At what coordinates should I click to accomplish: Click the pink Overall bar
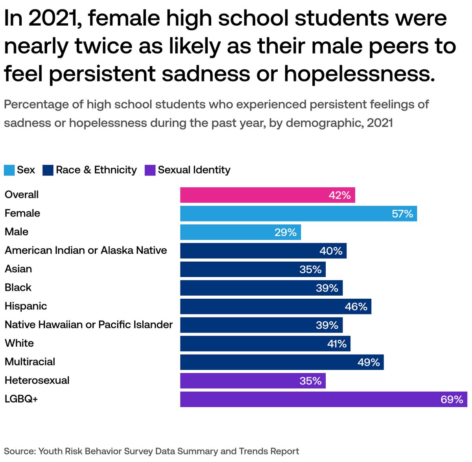click(267, 195)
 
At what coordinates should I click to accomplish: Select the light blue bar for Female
click(298, 214)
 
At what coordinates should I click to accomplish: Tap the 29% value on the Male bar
click(285, 233)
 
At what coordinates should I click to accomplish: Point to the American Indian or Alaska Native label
click(86, 250)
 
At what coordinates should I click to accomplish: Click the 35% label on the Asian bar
click(310, 270)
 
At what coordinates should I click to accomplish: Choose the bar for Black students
click(261, 288)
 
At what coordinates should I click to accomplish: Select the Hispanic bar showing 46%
click(276, 307)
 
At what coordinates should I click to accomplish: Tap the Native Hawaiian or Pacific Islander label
click(89, 324)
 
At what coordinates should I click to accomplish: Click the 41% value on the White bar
click(337, 344)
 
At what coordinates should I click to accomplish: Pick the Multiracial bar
click(282, 362)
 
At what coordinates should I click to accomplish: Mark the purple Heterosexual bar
click(253, 381)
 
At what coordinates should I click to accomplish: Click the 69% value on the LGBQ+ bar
click(452, 400)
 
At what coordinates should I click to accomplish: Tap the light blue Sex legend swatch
click(9, 170)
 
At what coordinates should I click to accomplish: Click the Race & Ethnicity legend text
click(96, 170)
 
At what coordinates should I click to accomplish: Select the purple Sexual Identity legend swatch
click(150, 170)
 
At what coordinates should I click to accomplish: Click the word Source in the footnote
click(20, 451)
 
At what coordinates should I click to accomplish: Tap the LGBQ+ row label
click(21, 399)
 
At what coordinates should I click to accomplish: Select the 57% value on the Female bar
click(402, 214)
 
